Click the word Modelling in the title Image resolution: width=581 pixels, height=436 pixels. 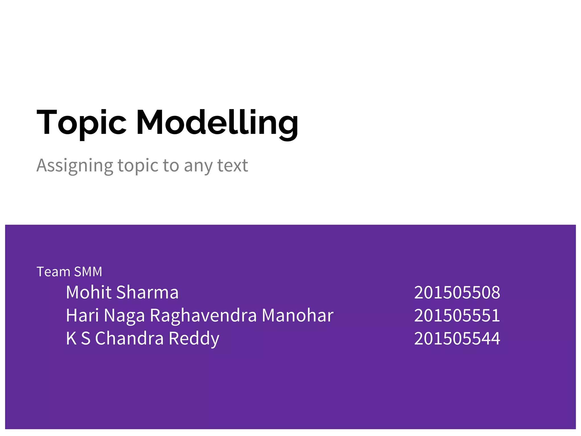pos(217,123)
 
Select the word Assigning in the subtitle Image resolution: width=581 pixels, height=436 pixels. pos(75,166)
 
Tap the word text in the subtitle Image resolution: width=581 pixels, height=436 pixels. pos(233,165)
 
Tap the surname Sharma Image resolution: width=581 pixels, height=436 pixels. pos(147,292)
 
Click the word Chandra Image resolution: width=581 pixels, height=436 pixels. pos(129,338)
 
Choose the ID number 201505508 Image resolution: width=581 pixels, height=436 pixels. pos(457,292)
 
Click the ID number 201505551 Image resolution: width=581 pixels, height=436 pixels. pos(457,315)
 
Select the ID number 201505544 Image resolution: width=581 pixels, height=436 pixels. pos(457,338)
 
